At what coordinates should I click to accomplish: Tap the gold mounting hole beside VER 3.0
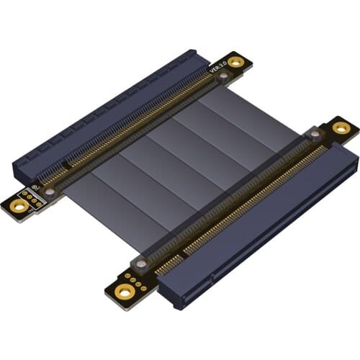tap(235, 63)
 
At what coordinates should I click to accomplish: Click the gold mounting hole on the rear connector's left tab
tap(20, 206)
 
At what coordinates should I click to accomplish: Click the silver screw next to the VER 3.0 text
tap(223, 75)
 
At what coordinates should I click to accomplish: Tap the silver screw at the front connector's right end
tap(314, 135)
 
